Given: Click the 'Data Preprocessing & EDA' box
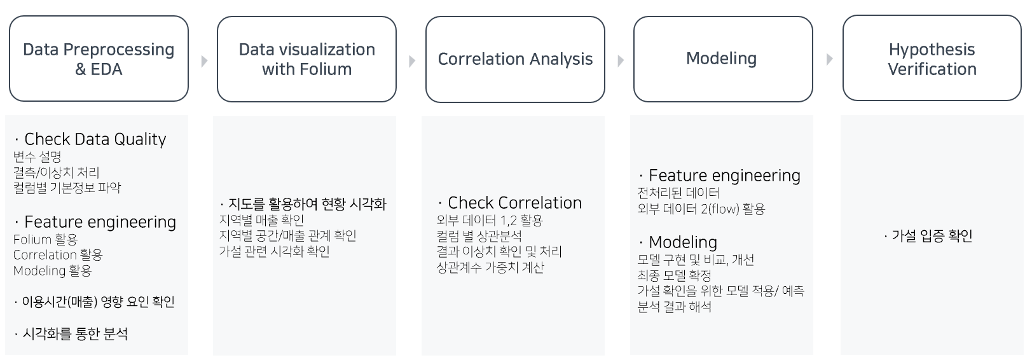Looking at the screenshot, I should pyautogui.click(x=99, y=59).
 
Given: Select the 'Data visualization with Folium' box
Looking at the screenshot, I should pyautogui.click(x=306, y=59).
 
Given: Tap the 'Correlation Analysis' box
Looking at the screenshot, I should pyautogui.click(x=515, y=59).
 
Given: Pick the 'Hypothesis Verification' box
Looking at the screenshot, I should pyautogui.click(x=932, y=59).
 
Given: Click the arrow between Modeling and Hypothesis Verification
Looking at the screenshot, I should pyautogui.click(x=829, y=59).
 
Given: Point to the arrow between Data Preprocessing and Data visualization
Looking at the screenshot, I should pyautogui.click(x=204, y=61).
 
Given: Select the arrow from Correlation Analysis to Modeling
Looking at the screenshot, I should pyautogui.click(x=621, y=60).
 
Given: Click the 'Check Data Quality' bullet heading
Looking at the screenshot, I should pyautogui.click(x=95, y=139).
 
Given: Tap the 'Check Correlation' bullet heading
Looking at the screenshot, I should pyautogui.click(x=514, y=203).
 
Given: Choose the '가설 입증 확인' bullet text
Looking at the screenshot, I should pyautogui.click(x=932, y=236).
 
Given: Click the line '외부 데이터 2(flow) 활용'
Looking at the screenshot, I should pyautogui.click(x=701, y=209).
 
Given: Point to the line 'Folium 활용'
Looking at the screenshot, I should pyautogui.click(x=45, y=240).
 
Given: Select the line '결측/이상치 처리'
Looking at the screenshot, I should pyautogui.click(x=57, y=172).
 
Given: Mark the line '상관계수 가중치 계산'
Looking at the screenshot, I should pyautogui.click(x=490, y=268).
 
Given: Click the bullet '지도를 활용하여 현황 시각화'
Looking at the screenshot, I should pyautogui.click(x=306, y=204).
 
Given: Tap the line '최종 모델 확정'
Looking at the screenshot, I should pyautogui.click(x=674, y=275).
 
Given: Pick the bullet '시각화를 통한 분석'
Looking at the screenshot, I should pyautogui.click(x=75, y=334).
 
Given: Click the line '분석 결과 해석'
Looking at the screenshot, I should pyautogui.click(x=674, y=307).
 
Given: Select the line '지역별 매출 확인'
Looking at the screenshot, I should pyautogui.click(x=261, y=220).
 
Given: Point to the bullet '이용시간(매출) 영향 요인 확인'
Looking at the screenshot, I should pyautogui.click(x=98, y=302).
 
